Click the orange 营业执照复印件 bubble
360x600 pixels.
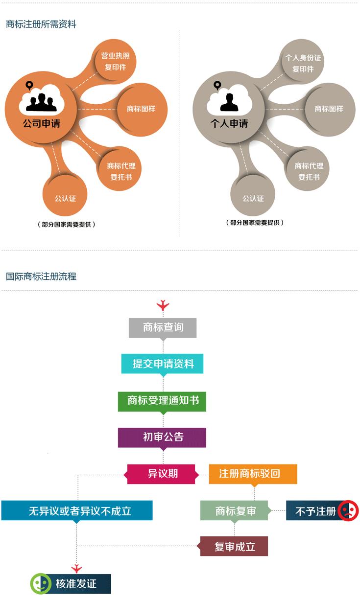pyautogui.click(x=115, y=62)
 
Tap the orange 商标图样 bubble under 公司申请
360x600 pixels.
pyautogui.click(x=141, y=109)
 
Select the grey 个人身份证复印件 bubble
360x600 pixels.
pyautogui.click(x=303, y=63)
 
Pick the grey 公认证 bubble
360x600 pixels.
pyautogui.click(x=253, y=198)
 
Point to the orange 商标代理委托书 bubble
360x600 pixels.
pyautogui.click(x=121, y=171)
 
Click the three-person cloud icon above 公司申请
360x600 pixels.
pyautogui.click(x=41, y=99)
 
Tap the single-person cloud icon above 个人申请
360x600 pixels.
pyautogui.click(x=229, y=100)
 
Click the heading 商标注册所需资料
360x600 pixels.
pyautogui.click(x=41, y=24)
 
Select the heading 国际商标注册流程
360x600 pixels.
pyautogui.click(x=41, y=277)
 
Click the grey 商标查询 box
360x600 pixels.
pyautogui.click(x=163, y=327)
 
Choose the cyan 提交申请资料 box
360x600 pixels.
pyautogui.click(x=162, y=364)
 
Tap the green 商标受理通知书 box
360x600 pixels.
pyautogui.click(x=162, y=401)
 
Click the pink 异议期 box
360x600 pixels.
pyautogui.click(x=162, y=474)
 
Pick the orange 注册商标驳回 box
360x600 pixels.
pyautogui.click(x=253, y=474)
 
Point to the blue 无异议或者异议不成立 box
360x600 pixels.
pyautogui.click(x=77, y=511)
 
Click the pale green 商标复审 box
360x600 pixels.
pyautogui.click(x=235, y=511)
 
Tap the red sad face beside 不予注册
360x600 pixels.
pyautogui.click(x=348, y=511)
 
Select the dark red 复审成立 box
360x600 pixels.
pyautogui.click(x=234, y=547)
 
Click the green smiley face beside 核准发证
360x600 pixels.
pyautogui.click(x=41, y=584)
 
